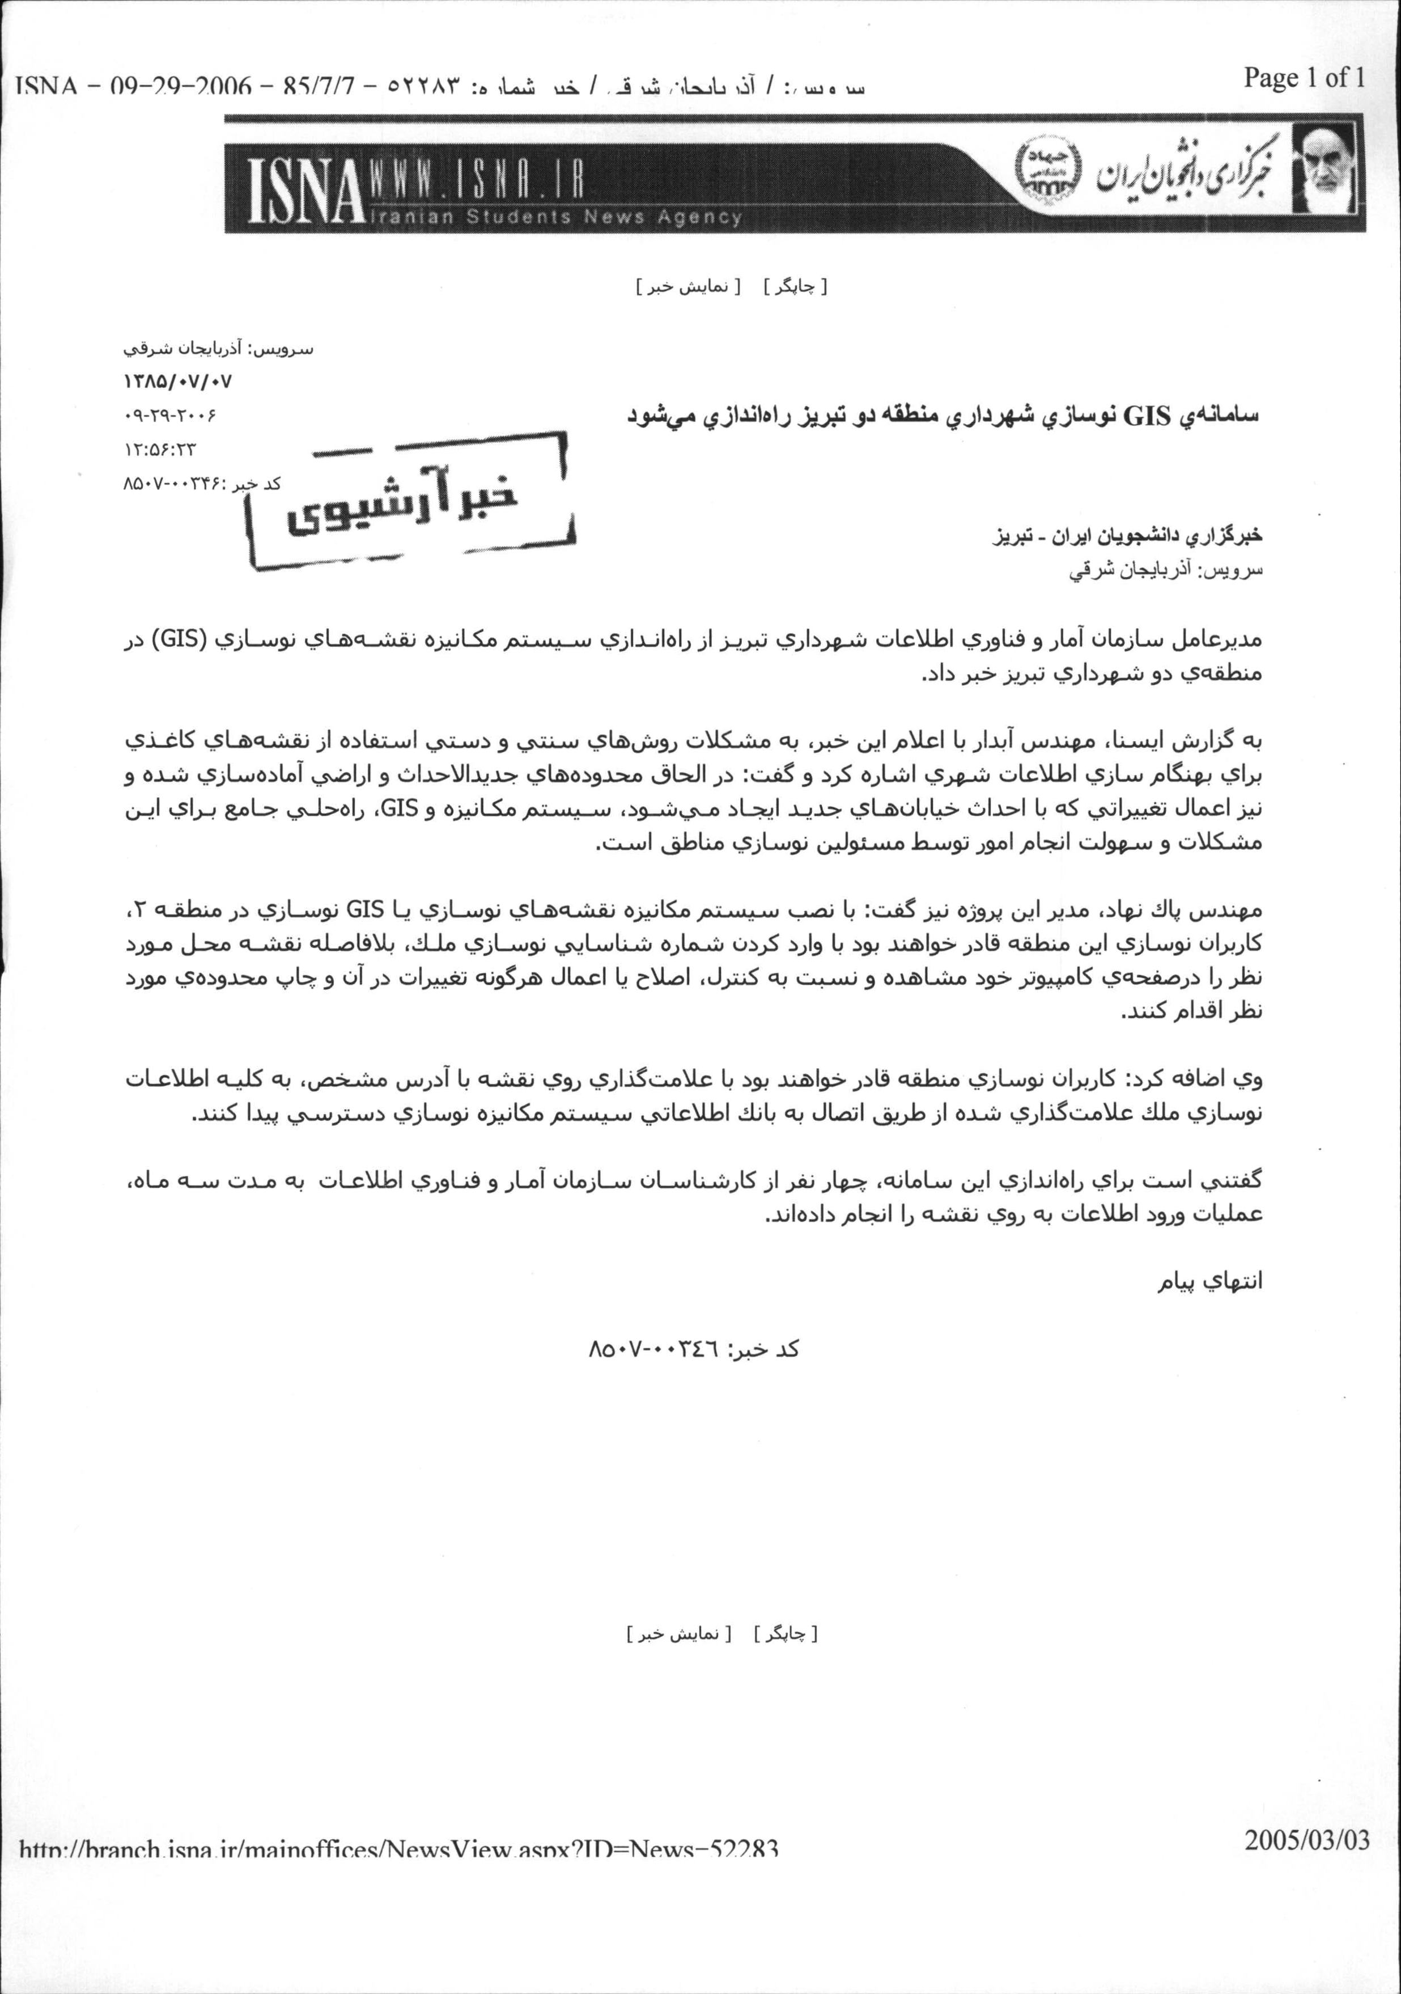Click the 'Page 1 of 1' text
[x=1304, y=78]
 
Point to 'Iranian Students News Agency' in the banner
[x=555, y=217]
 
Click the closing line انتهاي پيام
[x=1213, y=1282]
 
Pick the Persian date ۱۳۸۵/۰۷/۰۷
[x=178, y=381]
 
